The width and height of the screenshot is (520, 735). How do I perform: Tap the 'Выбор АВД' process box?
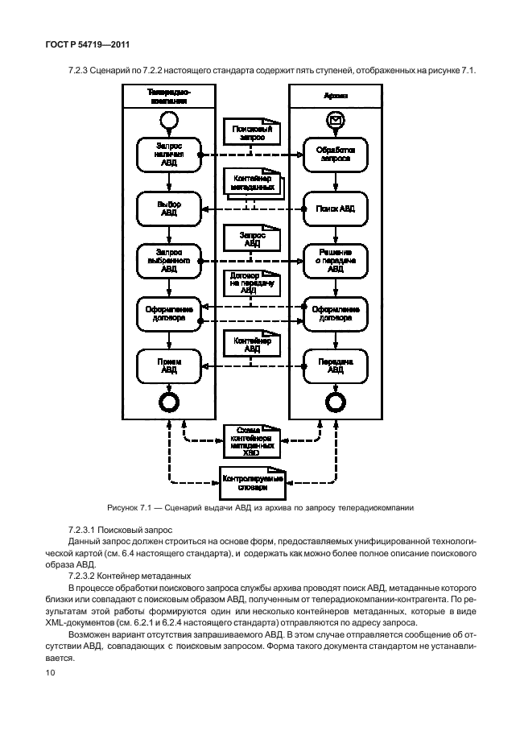point(168,209)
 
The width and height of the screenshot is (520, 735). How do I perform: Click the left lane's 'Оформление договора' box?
point(168,312)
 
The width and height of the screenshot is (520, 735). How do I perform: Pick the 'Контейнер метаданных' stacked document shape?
point(252,183)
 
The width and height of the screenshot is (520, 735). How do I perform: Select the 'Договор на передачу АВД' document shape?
point(252,286)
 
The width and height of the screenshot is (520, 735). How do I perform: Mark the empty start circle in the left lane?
point(168,121)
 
